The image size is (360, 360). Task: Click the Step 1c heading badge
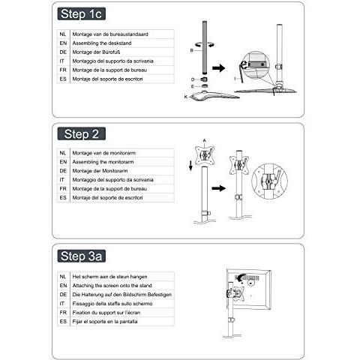point(82,13)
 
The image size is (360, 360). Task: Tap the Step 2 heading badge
point(82,133)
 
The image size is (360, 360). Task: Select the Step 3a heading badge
point(82,256)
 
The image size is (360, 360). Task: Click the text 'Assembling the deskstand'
point(102,43)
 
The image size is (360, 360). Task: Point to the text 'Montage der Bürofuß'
point(96,52)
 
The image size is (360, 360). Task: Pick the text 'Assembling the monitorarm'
point(103,162)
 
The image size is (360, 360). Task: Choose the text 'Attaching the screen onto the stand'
point(112,286)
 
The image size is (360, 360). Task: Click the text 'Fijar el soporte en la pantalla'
point(105,322)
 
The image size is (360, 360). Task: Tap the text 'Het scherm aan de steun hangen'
point(109,277)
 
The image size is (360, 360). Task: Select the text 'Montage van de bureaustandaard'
point(110,34)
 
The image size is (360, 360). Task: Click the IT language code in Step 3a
point(62,304)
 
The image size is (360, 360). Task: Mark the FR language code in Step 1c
point(63,70)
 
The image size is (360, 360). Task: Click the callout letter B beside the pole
point(192,50)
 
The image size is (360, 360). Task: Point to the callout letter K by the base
point(186,97)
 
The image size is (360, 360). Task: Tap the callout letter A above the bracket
point(205,140)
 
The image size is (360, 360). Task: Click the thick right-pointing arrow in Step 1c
point(219,67)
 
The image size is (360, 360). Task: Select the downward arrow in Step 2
point(191,166)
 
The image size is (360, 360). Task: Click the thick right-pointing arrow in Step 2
point(219,188)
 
